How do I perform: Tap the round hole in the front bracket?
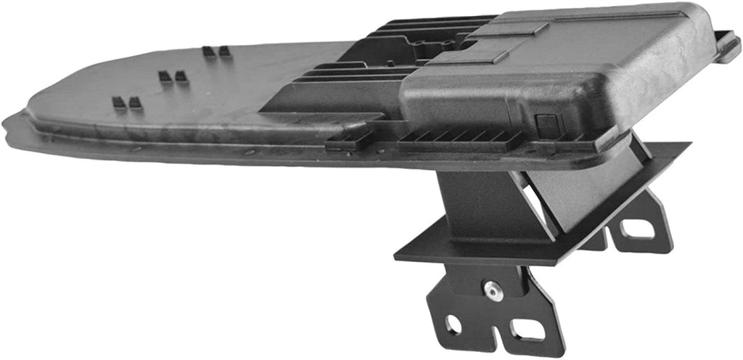(453, 324)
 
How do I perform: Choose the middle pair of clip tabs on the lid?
(173, 76)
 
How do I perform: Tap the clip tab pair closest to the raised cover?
(215, 52)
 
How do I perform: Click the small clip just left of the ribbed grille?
(348, 139)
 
